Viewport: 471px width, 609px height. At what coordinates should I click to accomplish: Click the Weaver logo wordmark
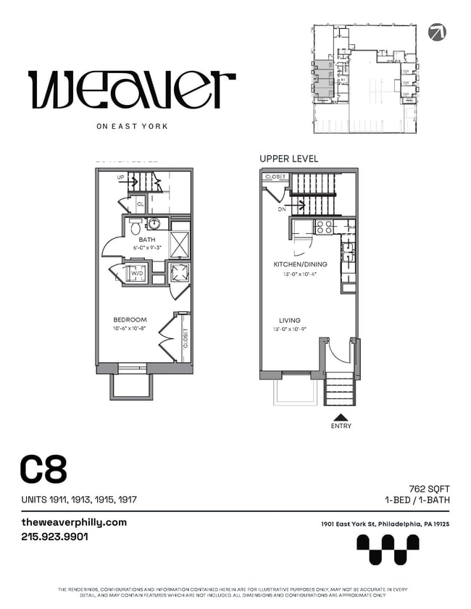pos(132,90)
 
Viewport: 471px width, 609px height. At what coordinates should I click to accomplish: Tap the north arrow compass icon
pos(437,31)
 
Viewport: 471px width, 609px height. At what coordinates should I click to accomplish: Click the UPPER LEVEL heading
pos(288,159)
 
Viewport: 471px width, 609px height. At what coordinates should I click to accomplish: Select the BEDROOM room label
pos(130,319)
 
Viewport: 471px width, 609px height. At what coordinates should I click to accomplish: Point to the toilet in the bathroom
pos(135,227)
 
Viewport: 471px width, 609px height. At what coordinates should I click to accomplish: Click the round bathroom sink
pos(154,224)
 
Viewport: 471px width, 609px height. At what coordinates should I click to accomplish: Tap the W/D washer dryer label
pos(134,273)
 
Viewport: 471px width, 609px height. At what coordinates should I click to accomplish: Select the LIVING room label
pos(290,320)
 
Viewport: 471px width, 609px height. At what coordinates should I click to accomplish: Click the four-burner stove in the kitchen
pos(323,226)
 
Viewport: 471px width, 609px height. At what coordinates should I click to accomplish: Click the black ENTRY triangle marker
pos(340,417)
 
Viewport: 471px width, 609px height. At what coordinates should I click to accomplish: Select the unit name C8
pos(43,470)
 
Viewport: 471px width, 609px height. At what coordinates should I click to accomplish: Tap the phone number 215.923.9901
pos(55,537)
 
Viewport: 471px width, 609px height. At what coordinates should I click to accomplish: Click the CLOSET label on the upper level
pos(275,177)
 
